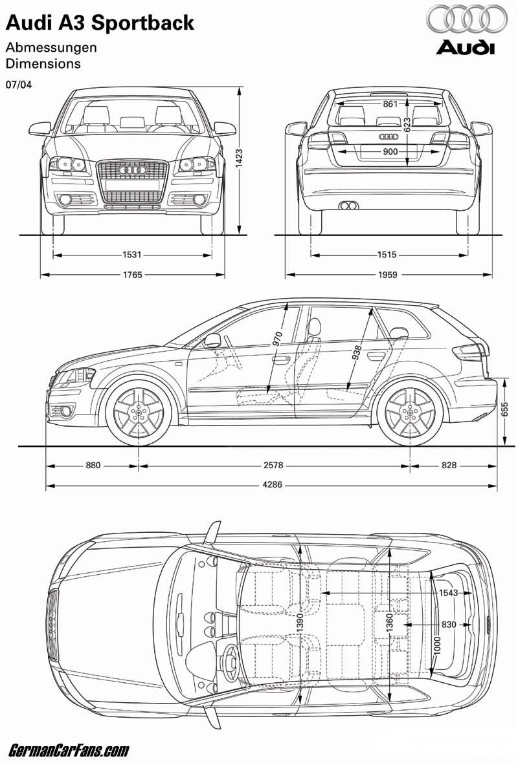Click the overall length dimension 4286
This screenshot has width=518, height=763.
[x=273, y=485]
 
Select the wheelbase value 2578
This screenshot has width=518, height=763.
[x=273, y=465]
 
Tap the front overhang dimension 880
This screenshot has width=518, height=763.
[x=93, y=465]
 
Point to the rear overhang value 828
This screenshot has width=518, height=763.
[x=449, y=465]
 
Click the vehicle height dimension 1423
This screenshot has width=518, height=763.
[x=240, y=158]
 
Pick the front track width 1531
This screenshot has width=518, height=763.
[x=132, y=255]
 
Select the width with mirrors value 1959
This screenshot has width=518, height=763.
[x=388, y=275]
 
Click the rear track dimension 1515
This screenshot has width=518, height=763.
[x=387, y=255]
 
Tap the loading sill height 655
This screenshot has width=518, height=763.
[x=505, y=409]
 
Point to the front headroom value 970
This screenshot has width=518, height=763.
[x=278, y=338]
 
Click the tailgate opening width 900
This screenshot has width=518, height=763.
[x=390, y=152]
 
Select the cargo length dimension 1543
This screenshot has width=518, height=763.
[x=448, y=593]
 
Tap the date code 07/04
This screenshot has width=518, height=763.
[x=19, y=84]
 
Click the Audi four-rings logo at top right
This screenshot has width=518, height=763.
[x=467, y=19]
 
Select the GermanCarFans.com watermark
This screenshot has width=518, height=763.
[x=69, y=750]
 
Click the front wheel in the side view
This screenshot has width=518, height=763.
[x=139, y=413]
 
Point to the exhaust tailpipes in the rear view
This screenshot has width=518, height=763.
[x=349, y=206]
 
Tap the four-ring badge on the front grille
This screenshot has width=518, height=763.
[x=133, y=170]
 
